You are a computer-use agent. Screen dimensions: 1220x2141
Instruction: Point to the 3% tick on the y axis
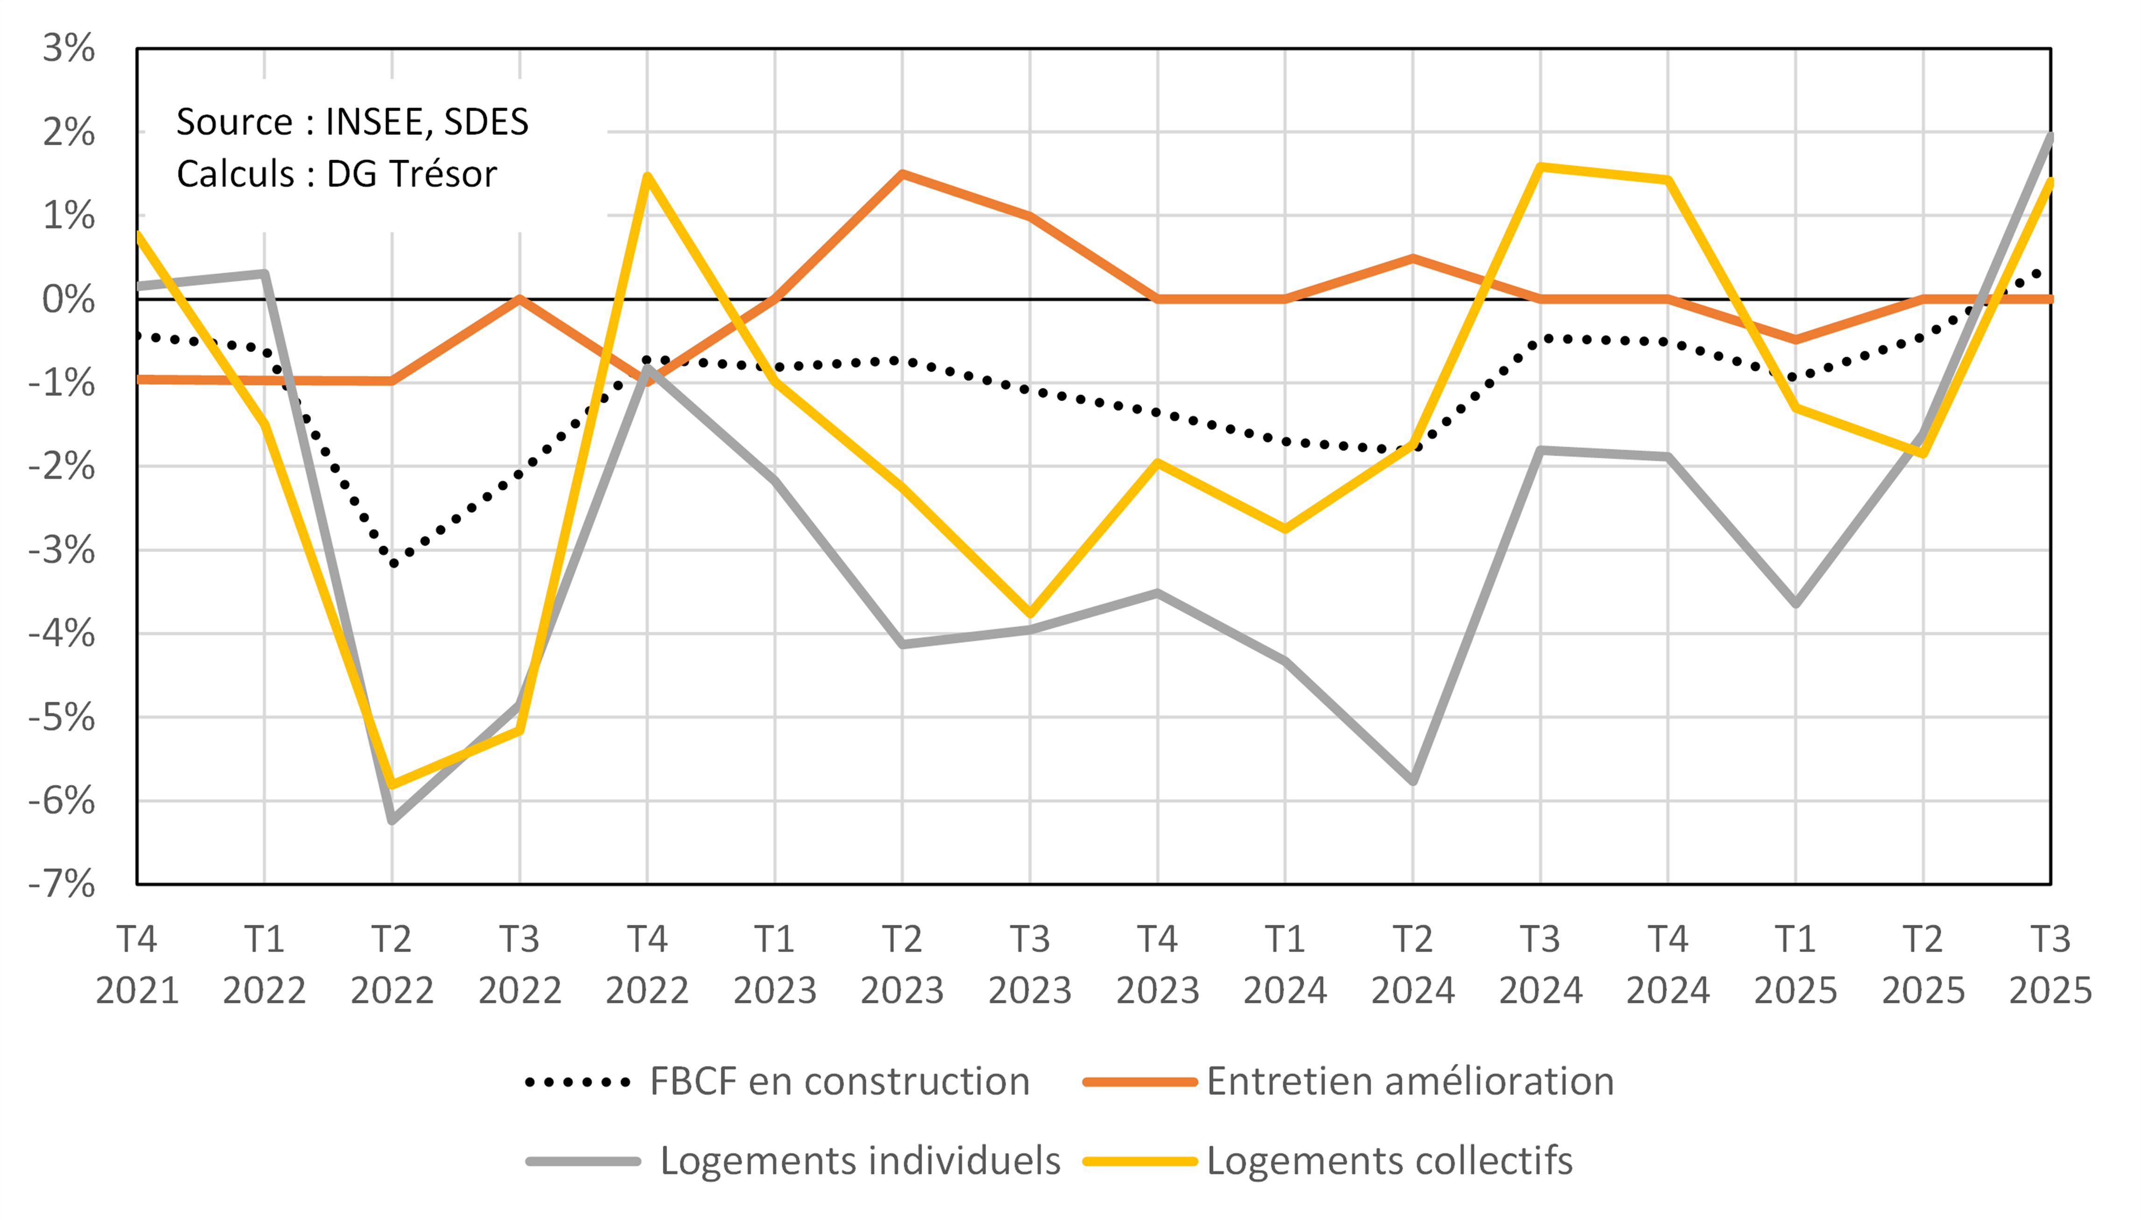69,49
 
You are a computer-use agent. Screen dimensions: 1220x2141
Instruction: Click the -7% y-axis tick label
62,884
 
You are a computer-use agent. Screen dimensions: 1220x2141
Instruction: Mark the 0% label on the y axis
69,299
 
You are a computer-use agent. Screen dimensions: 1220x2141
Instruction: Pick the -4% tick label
62,634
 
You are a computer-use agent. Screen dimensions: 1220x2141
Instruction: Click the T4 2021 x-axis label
137,965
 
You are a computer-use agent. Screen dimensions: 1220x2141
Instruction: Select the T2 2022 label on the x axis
392,965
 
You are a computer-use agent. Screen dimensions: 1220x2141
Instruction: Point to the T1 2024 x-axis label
1285,965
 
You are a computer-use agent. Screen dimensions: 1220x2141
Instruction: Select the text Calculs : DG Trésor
337,174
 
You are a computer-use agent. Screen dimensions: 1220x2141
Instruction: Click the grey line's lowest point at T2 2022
392,819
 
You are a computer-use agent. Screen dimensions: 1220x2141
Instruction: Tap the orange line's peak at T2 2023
902,173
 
